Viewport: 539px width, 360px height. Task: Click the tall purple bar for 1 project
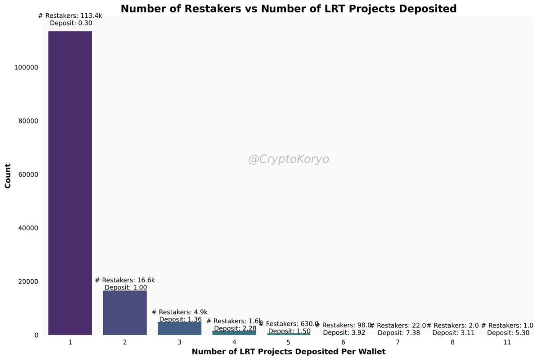[x=70, y=183]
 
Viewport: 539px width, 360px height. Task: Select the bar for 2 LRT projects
[x=125, y=313]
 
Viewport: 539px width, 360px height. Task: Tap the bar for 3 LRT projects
[x=179, y=328]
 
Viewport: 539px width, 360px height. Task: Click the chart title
[x=288, y=9]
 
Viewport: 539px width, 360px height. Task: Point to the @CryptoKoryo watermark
[x=288, y=159]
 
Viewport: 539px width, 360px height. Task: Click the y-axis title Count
[x=8, y=176]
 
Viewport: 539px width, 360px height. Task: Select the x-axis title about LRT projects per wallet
[x=288, y=352]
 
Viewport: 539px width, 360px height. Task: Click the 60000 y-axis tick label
[x=28, y=175]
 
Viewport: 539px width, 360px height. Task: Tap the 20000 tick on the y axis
[x=28, y=282]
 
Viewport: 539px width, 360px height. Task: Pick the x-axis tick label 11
[x=507, y=342]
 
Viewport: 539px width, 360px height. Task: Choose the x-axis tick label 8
[x=452, y=342]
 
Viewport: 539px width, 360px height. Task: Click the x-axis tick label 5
[x=288, y=342]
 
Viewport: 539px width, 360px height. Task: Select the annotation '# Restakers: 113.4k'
[x=70, y=16]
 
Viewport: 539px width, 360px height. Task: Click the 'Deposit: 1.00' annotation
[x=125, y=287]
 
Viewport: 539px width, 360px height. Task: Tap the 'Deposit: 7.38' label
[x=398, y=333]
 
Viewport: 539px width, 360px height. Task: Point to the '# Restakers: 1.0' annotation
[x=507, y=325]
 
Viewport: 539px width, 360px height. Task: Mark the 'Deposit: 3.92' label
[x=344, y=333]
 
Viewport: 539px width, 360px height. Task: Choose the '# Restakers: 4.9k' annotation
[x=179, y=312]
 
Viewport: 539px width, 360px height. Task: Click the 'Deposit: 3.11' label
[x=453, y=333]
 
